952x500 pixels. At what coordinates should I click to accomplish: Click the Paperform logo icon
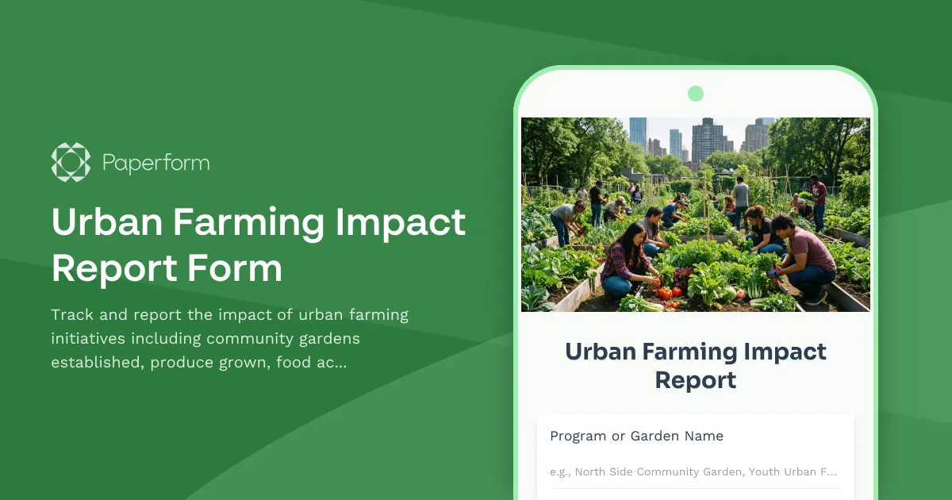(x=71, y=163)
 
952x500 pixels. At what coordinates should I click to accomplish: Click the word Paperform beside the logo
(x=156, y=163)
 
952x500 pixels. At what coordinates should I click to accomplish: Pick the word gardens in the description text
(x=328, y=339)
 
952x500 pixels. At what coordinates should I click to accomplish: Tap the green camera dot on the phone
(x=696, y=94)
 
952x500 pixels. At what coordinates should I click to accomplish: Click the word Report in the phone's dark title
(x=696, y=379)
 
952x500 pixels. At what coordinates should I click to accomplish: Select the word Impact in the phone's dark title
(x=779, y=351)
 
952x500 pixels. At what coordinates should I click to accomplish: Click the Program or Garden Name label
(x=636, y=436)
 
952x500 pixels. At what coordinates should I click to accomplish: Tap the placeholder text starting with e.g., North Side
(x=693, y=471)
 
